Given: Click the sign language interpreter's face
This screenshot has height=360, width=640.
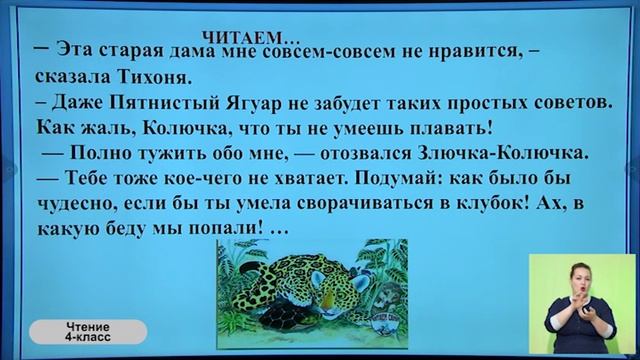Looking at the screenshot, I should click(x=584, y=274).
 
